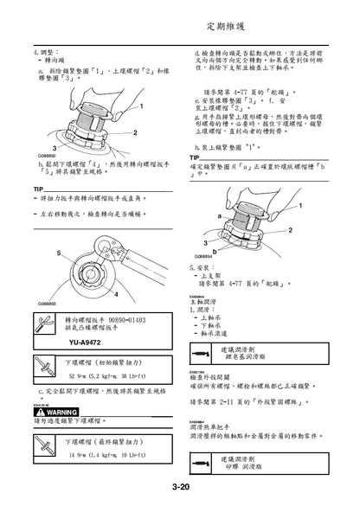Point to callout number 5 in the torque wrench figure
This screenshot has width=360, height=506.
point(61,252)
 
